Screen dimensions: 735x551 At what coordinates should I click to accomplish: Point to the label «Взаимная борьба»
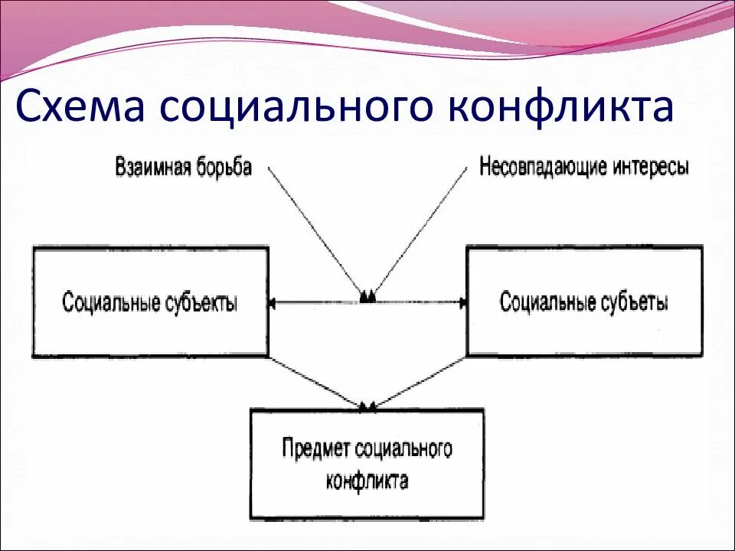click(x=184, y=167)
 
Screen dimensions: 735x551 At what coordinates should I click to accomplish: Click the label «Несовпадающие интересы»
click(x=583, y=167)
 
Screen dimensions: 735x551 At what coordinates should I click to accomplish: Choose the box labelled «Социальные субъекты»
click(x=150, y=302)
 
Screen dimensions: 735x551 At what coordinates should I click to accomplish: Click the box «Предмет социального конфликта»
click(x=367, y=464)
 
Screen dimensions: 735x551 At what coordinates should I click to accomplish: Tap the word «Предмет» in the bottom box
click(x=317, y=448)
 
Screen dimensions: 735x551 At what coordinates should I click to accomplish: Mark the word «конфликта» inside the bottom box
click(x=367, y=481)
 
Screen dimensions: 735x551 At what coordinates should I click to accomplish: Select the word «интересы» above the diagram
click(x=650, y=167)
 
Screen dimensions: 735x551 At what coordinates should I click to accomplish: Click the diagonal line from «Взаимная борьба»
click(x=314, y=230)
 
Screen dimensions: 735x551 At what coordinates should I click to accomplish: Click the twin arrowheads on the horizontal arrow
click(x=367, y=297)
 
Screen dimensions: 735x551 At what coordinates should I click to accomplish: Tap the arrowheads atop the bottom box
click(x=367, y=405)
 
